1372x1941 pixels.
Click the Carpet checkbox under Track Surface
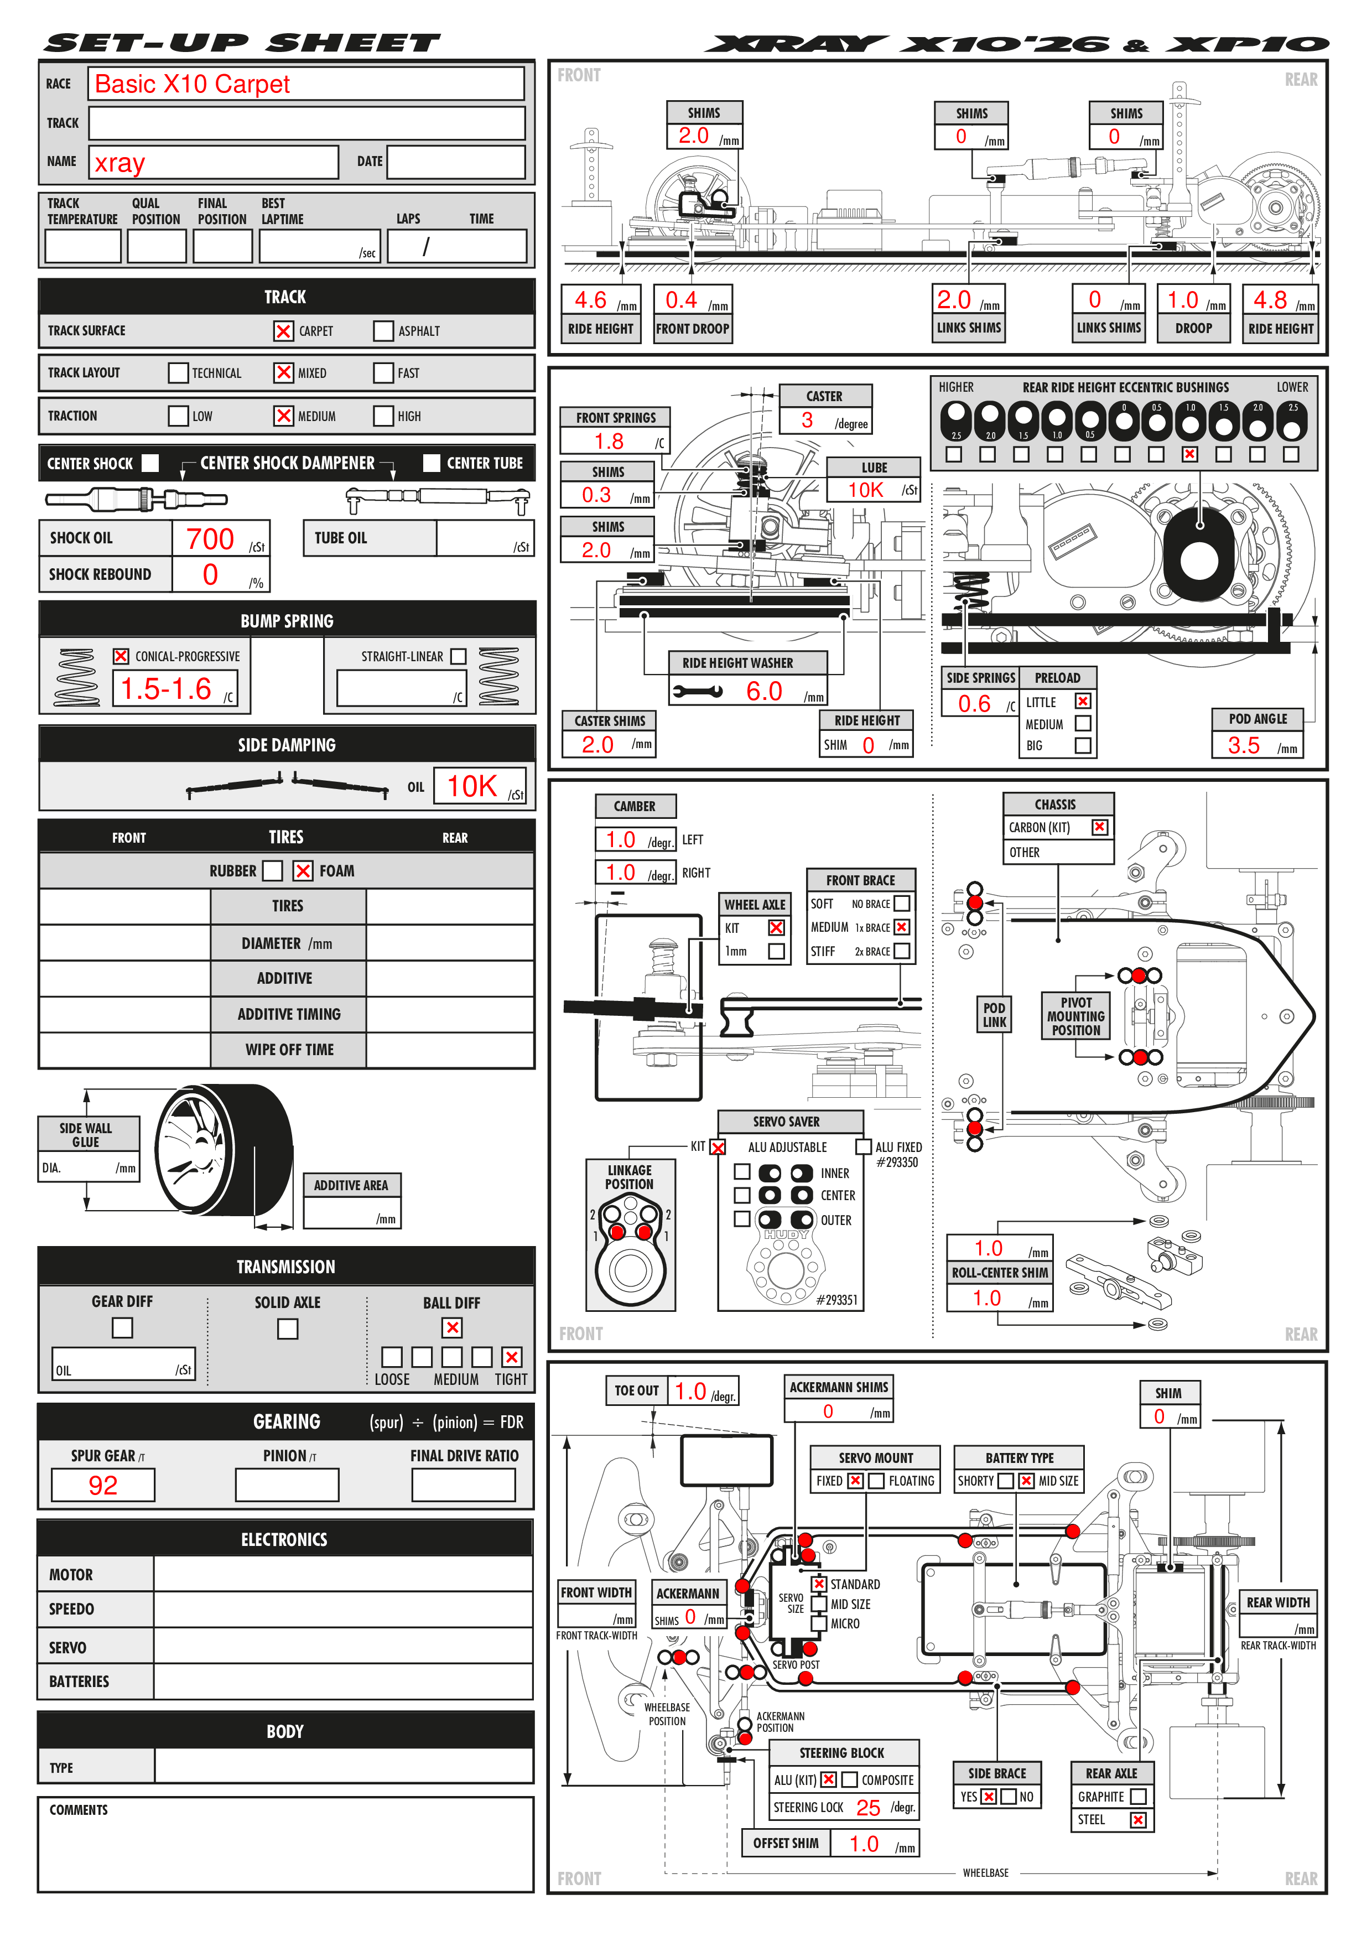[283, 330]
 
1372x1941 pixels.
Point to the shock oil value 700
[210, 538]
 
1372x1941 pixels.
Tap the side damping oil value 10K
[472, 786]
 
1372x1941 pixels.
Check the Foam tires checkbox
[303, 871]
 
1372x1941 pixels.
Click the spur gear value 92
[103, 1485]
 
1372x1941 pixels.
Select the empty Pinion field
[288, 1485]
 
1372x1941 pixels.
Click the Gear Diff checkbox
[123, 1328]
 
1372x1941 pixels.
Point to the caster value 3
[807, 420]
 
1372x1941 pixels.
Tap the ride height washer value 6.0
[764, 692]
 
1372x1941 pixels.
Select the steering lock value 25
[868, 1808]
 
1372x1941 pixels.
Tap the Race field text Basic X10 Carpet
[192, 84]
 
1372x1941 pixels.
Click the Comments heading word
[79, 1810]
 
